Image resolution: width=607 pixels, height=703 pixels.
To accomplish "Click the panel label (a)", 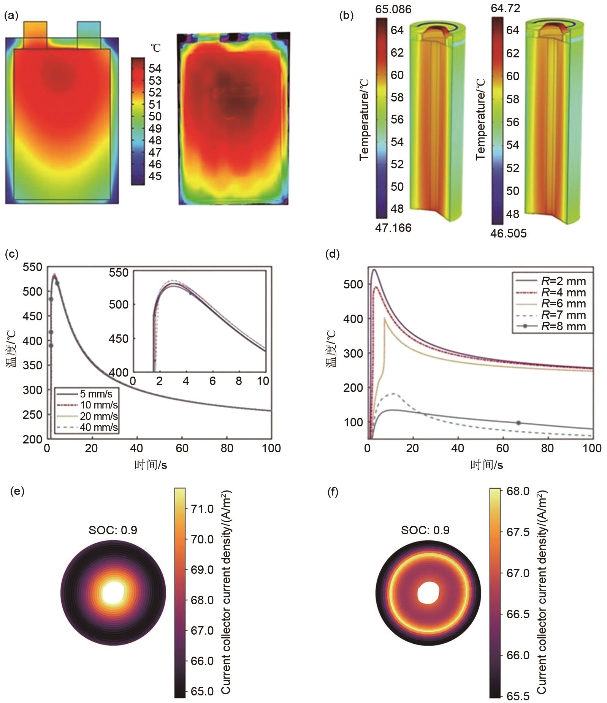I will click(11, 16).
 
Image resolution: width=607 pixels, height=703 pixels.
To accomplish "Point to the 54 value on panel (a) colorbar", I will click(155, 69).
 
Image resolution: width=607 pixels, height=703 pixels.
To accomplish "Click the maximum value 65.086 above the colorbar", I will click(393, 9).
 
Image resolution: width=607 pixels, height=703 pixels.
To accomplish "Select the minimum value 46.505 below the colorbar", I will click(508, 233).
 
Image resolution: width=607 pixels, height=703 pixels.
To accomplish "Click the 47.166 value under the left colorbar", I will click(393, 228).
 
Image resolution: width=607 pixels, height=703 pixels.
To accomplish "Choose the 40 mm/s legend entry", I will click(98, 427).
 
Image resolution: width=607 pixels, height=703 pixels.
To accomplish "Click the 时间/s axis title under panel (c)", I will click(151, 464).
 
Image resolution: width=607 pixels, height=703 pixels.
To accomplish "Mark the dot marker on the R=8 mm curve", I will click(518, 423).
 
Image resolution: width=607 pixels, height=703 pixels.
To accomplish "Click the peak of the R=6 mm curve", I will click(385, 318).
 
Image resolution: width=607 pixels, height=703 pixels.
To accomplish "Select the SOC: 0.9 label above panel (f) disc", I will click(425, 530).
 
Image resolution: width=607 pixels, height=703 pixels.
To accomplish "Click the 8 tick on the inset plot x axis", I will click(238, 381).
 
